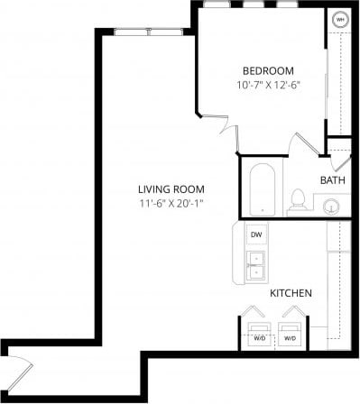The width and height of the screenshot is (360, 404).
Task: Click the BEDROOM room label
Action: (268, 70)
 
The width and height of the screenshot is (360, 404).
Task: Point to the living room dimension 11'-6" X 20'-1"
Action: (171, 203)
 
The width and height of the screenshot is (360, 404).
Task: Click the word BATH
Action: (332, 180)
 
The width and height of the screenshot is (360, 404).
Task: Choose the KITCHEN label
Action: (291, 293)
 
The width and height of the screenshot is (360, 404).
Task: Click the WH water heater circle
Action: (340, 19)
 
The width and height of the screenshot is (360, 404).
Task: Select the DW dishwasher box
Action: (256, 234)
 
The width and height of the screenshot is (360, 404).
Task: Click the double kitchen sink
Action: (256, 264)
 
